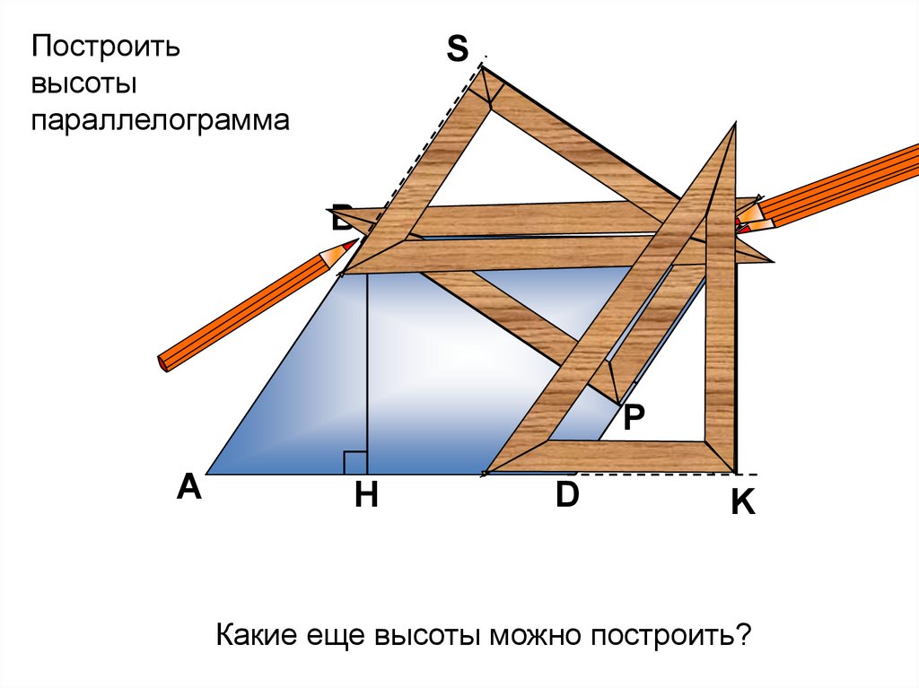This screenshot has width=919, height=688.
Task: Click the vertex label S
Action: pos(457,49)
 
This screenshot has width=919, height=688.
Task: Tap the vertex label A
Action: pos(188,487)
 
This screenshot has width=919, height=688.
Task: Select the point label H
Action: pos(365,495)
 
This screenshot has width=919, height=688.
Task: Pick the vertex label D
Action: pos(567,494)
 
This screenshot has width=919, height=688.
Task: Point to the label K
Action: pos(742,503)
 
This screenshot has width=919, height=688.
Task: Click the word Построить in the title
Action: pos(107,47)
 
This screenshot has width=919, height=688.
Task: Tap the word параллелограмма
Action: pos(162,120)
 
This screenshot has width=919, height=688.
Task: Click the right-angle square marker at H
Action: pos(354,463)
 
